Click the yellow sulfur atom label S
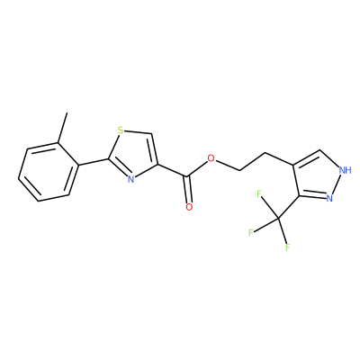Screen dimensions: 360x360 coord(121,130)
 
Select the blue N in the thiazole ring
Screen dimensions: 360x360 coord(130,179)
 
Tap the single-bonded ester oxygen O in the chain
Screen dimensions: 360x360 coord(211,158)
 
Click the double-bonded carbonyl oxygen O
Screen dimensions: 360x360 coord(189,207)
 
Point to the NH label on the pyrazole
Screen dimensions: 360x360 coord(345,170)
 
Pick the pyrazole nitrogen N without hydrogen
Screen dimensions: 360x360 coord(329,198)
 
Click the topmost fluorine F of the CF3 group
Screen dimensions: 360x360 coord(259,193)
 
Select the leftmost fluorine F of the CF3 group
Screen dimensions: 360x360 coord(251,232)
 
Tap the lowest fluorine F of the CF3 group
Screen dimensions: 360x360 coord(287,247)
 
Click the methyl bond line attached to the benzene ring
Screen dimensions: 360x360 coord(62,128)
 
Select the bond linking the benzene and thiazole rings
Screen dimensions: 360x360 coord(94,162)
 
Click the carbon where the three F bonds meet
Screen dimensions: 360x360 coord(278,220)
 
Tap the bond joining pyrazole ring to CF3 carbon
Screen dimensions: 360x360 coord(288,208)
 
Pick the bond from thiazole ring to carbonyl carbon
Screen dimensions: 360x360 coord(173,170)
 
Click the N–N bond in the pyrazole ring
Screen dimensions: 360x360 coord(335,184)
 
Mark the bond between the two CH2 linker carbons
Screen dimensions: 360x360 coord(253,162)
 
